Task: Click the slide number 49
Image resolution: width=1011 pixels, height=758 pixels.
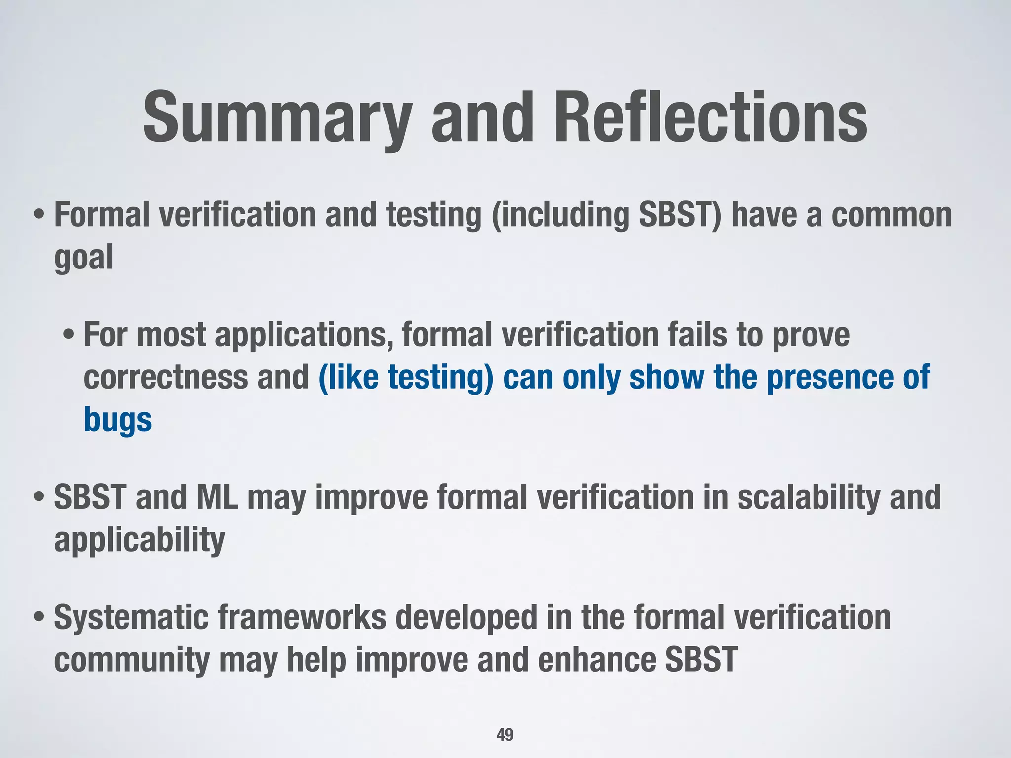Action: coord(505,735)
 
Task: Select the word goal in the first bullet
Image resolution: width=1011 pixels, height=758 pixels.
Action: coord(83,258)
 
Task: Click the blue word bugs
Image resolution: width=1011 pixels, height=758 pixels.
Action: coord(117,420)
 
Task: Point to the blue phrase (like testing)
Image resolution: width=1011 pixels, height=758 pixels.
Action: coord(406,378)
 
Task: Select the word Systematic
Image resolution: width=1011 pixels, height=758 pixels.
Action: coord(131,618)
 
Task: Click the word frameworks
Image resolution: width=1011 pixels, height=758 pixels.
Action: coord(302,618)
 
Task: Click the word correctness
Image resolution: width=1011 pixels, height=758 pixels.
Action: coord(165,378)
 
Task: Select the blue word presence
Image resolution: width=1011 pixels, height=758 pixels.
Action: coord(829,378)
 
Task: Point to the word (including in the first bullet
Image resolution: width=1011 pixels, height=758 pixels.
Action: coord(560,215)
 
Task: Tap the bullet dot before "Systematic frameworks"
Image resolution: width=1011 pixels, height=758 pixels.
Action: coord(39,619)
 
